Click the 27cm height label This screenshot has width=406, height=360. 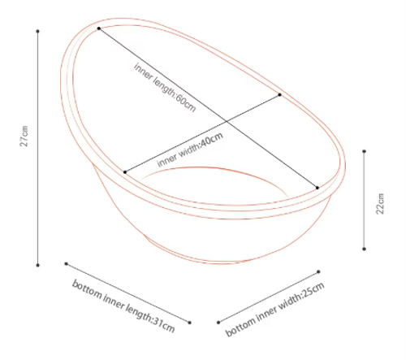24,136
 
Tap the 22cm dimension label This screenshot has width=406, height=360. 380,204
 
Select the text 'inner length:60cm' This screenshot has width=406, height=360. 165,87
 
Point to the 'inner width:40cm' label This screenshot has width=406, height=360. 190,150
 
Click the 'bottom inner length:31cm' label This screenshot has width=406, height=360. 123,306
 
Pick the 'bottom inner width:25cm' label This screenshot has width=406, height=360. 274,309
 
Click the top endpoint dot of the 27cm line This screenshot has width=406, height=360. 37,32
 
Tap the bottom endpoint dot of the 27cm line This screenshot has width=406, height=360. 37,265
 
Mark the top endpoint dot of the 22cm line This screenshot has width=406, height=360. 365,151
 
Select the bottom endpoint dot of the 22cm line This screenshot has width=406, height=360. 365,249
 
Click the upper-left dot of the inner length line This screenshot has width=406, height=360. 99,28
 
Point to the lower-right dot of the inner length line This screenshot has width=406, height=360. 317,188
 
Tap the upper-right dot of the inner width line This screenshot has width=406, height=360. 280,94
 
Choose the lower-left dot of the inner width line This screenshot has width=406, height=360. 125,172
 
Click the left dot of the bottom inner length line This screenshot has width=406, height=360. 67,263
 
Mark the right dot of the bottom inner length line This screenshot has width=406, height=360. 189,323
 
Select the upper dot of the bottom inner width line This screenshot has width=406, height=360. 318,271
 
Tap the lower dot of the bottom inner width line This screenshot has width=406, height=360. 218,323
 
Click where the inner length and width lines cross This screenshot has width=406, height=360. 227,122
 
